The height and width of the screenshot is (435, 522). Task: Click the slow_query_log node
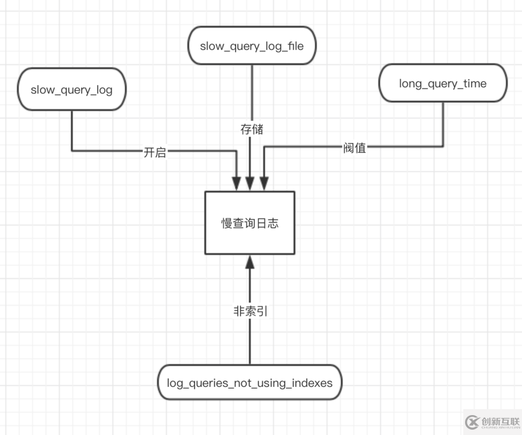click(72, 90)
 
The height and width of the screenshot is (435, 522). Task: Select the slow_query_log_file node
click(252, 46)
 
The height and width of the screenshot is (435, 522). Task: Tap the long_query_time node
click(443, 83)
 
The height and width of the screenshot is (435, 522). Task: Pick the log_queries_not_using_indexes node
click(250, 383)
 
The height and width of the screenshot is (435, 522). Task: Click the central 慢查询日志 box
click(250, 223)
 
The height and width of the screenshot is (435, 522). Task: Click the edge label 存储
click(252, 130)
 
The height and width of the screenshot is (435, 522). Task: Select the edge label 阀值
click(355, 148)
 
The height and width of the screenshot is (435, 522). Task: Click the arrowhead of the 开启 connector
click(237, 183)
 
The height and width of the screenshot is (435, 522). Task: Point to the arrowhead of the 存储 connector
click(250, 183)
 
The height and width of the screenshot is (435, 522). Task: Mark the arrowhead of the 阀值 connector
click(264, 183)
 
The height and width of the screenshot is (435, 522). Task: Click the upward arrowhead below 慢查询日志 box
click(250, 261)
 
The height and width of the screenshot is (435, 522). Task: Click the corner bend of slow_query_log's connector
click(72, 151)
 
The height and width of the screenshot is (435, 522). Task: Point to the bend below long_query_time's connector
click(443, 147)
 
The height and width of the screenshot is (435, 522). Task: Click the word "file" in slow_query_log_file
click(295, 46)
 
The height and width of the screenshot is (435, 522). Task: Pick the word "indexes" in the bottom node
click(312, 383)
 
